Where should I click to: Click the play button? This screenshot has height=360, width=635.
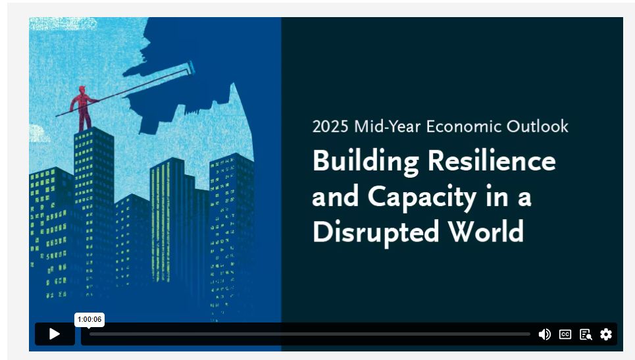55,334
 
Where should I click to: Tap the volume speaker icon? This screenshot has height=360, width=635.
544,334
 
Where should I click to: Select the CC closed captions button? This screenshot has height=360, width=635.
565,334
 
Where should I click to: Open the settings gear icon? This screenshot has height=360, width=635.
606,334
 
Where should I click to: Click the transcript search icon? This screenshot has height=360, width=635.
586,334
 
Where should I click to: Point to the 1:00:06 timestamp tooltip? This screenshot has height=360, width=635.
89,319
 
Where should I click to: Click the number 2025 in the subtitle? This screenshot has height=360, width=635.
330,127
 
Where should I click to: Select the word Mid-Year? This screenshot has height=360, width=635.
387,127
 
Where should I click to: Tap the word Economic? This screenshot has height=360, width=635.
463,127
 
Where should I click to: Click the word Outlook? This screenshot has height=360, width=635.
538,127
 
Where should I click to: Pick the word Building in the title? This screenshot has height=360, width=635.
366,162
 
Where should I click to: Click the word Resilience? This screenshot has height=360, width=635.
492,161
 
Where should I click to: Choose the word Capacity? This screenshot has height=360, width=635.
422,197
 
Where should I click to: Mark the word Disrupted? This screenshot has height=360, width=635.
376,232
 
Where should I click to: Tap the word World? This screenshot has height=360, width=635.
486,232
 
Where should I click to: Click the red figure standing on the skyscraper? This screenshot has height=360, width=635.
83,109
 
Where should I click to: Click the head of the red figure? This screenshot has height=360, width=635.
82,90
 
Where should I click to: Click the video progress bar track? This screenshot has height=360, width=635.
310,334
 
